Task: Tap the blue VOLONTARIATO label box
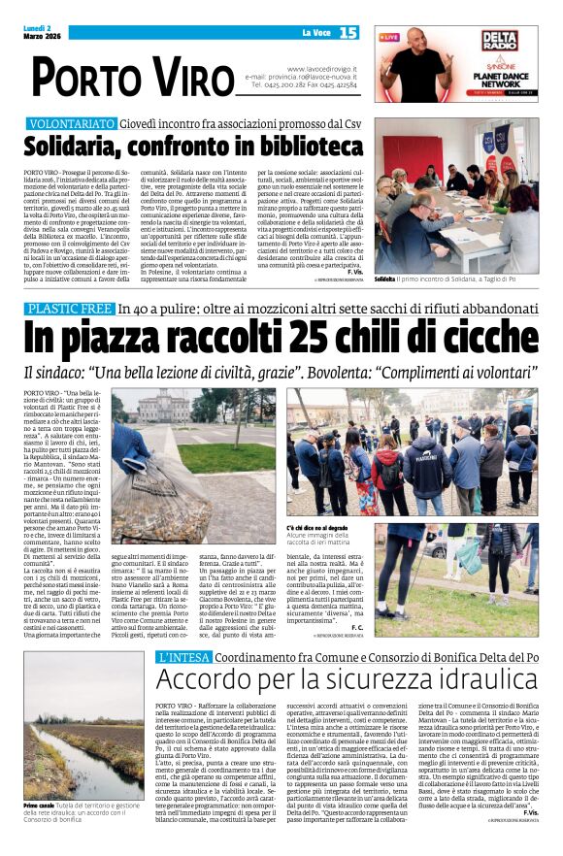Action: [x=72, y=125]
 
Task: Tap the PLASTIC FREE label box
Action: [x=71, y=310]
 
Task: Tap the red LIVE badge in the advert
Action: [x=390, y=37]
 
